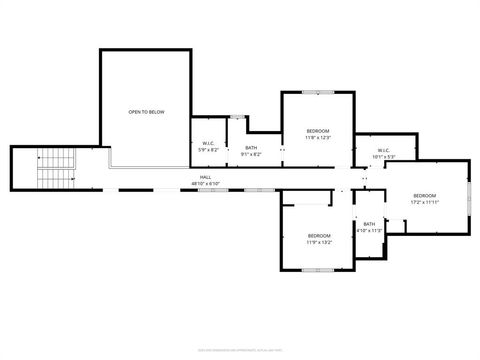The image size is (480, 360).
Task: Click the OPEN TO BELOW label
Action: [x=146, y=112]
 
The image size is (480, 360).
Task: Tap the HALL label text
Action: [x=205, y=177]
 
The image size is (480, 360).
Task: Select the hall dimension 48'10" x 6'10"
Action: [x=205, y=184]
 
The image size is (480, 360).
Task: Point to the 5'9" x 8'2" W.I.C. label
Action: [x=209, y=143]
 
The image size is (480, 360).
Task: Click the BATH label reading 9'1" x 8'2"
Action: [x=251, y=148]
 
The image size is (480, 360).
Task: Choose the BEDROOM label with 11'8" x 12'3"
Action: [x=317, y=131]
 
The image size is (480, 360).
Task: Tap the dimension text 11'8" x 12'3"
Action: [x=317, y=138]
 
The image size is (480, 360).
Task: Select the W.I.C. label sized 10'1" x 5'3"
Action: [x=384, y=151]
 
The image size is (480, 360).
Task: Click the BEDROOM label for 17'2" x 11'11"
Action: [x=425, y=195]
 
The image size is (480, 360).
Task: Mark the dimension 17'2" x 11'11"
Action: [x=425, y=202]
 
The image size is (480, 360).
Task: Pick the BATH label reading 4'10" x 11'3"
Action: [x=369, y=224]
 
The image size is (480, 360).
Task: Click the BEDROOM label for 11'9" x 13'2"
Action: [x=319, y=235]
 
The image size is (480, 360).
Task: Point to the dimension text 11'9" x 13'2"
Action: [x=319, y=242]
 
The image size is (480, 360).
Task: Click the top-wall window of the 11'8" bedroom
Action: [x=317, y=92]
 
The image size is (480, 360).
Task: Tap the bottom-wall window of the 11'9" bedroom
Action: [x=318, y=270]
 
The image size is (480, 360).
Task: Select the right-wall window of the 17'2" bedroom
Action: [x=468, y=196]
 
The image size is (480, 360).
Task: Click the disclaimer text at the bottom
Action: [x=240, y=350]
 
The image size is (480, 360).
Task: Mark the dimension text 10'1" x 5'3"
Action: [x=384, y=157]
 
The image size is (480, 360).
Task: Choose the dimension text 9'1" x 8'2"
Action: [x=251, y=154]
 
